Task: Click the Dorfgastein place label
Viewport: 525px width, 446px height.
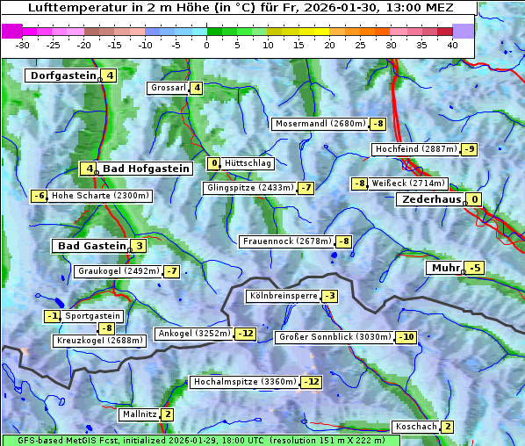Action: pos(63,76)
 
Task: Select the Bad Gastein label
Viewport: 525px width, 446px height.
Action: pos(92,246)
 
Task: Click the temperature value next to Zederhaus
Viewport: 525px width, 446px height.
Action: pos(475,199)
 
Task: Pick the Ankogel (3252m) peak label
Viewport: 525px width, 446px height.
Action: pos(194,334)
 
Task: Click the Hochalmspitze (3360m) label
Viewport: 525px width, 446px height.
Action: pos(245,382)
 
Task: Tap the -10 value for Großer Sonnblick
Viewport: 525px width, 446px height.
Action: pos(406,337)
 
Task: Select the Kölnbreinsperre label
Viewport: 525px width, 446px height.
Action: pos(282,297)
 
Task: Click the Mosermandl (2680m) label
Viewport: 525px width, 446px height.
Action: pos(320,124)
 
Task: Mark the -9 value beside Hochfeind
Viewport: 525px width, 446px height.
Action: pos(470,149)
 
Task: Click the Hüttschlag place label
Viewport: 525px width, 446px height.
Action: pos(248,163)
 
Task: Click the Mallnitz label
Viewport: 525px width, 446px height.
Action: pos(140,414)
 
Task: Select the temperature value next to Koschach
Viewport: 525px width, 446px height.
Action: pos(447,427)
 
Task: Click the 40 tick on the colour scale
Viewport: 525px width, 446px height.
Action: pos(452,45)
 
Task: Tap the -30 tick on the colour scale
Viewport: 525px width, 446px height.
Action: pos(23,45)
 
